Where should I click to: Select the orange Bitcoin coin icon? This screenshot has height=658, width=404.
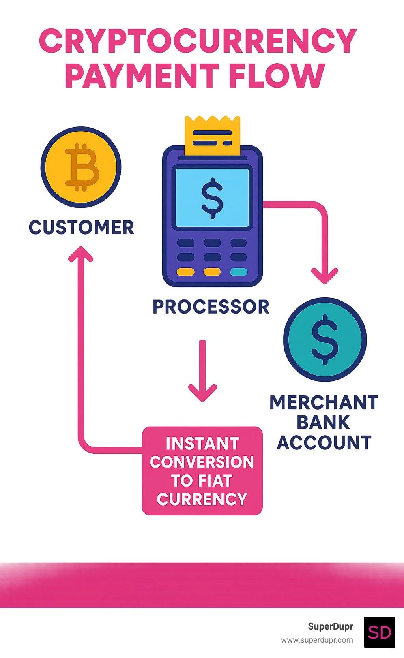[81, 167]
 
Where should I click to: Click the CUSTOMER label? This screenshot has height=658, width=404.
[81, 227]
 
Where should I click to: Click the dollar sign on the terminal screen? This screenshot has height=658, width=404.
[212, 198]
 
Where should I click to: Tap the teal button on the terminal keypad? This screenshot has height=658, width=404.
[238, 272]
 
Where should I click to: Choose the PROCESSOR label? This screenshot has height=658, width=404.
[211, 307]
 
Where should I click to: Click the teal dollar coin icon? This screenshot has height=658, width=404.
[325, 339]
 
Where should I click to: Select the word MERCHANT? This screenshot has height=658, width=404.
[324, 402]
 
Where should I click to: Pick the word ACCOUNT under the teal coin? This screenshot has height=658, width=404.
[324, 443]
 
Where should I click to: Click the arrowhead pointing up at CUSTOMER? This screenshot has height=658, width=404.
[81, 254]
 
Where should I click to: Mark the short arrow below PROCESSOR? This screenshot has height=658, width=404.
[202, 371]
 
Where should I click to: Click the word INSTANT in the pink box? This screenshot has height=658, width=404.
[202, 444]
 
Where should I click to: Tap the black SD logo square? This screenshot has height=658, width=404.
[379, 632]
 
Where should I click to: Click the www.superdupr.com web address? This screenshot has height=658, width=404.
[317, 640]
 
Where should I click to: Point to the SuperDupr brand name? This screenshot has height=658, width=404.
[330, 626]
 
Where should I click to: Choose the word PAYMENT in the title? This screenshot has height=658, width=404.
[142, 75]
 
